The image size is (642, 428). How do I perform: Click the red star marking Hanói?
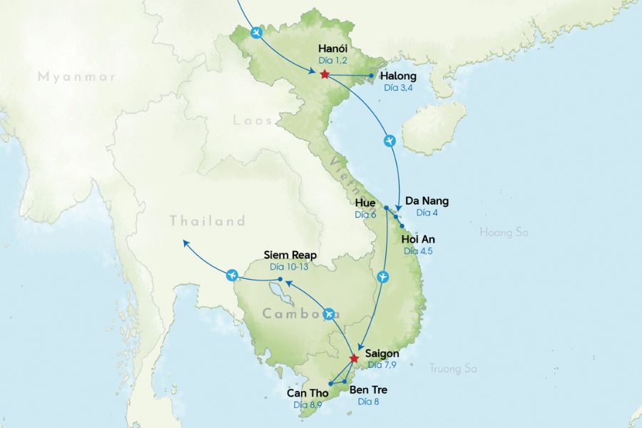pos(325,74)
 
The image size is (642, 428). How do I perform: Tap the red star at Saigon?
pos(354,358)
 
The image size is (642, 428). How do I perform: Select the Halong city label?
pos(399,76)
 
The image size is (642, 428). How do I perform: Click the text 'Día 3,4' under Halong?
pos(398,88)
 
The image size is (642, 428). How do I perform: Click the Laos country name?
pos(253,121)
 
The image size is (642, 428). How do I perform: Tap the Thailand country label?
pos(208,222)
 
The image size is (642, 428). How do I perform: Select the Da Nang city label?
pos(427,201)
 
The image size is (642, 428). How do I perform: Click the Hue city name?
pos(365,203)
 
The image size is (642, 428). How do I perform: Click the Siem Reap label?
pos(290,255)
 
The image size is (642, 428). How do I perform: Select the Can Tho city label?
pos(307,393)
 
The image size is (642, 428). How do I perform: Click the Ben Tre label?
pos(368,390)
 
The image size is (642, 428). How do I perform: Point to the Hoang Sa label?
pos(505,231)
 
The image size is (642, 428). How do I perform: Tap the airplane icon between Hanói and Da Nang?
pos(389,141)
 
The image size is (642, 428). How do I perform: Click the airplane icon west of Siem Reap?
pos(230,275)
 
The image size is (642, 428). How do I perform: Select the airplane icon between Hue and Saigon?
pos(383,276)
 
